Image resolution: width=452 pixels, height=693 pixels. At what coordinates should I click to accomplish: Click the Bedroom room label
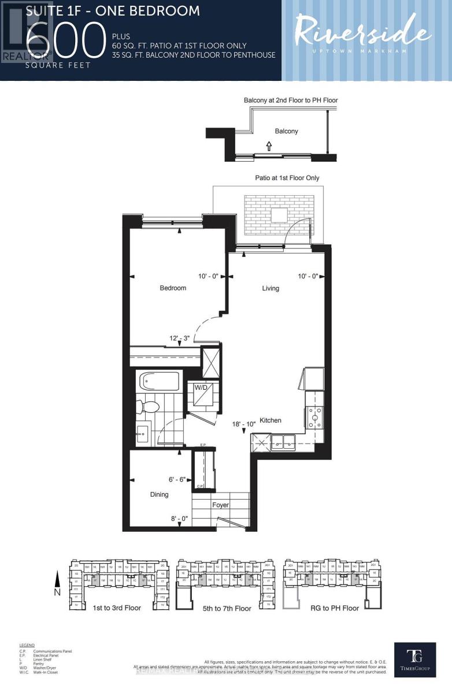pyautogui.click(x=173, y=288)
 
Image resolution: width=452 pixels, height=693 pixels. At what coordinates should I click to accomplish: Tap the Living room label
pyautogui.click(x=271, y=288)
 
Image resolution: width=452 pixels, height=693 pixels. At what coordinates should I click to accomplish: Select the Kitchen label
pyautogui.click(x=270, y=420)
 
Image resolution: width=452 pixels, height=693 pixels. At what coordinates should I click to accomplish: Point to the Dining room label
pyautogui.click(x=159, y=494)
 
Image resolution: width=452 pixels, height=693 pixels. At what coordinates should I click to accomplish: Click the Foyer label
pyautogui.click(x=220, y=505)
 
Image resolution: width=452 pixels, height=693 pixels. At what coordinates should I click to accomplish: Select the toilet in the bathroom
pyautogui.click(x=149, y=407)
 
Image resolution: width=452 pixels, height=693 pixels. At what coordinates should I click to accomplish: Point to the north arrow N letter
pyautogui.click(x=55, y=591)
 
